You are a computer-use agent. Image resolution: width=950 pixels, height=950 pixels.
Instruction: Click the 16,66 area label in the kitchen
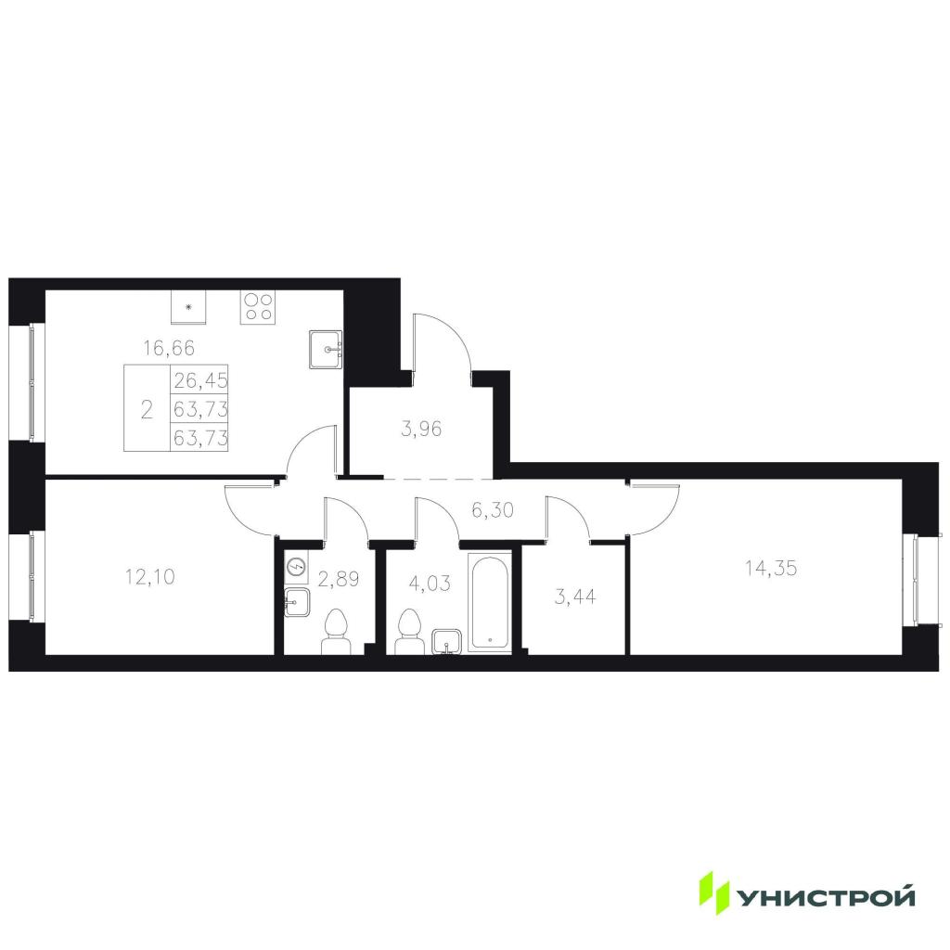tap(169, 349)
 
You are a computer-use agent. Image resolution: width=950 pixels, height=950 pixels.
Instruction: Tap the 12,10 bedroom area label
tap(149, 577)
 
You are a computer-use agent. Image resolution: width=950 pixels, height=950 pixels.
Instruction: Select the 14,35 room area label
tap(771, 569)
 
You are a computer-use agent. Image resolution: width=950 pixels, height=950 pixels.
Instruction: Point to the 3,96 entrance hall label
tap(422, 430)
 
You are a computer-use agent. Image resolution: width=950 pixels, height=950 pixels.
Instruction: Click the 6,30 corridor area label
tap(493, 510)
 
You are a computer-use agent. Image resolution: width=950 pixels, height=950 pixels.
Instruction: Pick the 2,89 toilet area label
tap(339, 579)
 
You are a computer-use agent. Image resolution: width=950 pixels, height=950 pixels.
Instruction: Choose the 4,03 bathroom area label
tap(430, 584)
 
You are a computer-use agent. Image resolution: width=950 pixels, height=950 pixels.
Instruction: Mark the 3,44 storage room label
tap(575, 597)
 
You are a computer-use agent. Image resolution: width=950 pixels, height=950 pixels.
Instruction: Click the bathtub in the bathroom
tap(490, 601)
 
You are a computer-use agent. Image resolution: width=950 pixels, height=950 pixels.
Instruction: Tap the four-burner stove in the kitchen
tap(258, 307)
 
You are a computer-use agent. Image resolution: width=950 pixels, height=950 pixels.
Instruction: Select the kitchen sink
tap(326, 350)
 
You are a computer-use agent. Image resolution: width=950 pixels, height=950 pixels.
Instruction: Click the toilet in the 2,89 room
tap(336, 632)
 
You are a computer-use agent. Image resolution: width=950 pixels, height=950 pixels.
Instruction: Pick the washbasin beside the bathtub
tap(446, 642)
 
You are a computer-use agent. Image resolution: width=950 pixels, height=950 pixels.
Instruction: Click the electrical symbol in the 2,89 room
tap(297, 567)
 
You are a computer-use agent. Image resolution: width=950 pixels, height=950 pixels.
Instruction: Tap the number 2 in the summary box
tap(147, 410)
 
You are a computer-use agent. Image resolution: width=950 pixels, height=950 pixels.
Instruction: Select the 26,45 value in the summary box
tap(200, 380)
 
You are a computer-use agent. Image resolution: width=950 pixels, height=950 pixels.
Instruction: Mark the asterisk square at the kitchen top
tap(188, 307)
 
